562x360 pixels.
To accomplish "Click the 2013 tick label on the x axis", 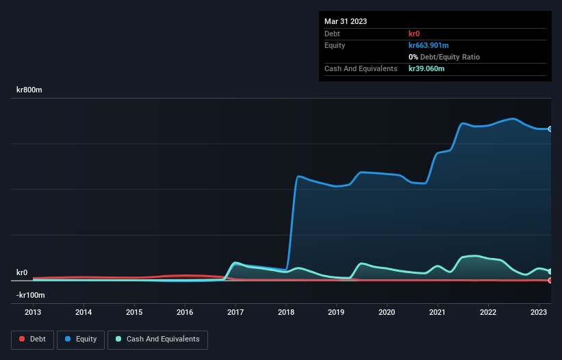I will tap(33, 312).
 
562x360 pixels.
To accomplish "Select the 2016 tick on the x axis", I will tap(185, 312).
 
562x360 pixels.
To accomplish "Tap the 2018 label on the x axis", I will tap(286, 312).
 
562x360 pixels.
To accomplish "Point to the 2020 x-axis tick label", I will tap(387, 312).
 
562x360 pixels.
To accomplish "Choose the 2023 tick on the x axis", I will tap(539, 312).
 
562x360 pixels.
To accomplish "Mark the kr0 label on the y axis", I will tap(22, 272).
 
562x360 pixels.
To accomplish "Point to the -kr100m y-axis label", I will tap(31, 295).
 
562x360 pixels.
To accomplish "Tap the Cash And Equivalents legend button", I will tap(157, 339).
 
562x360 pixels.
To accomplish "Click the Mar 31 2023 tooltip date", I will tap(346, 21).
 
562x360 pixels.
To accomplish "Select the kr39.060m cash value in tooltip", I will tap(426, 68).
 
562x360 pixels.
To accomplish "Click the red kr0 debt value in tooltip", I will tap(415, 34).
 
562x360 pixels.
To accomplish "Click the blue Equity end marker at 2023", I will tap(550, 129).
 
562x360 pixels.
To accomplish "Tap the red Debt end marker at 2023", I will tap(550, 280).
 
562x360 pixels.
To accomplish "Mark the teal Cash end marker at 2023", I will tap(550, 272).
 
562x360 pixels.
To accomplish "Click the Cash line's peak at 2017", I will tap(236, 263).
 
